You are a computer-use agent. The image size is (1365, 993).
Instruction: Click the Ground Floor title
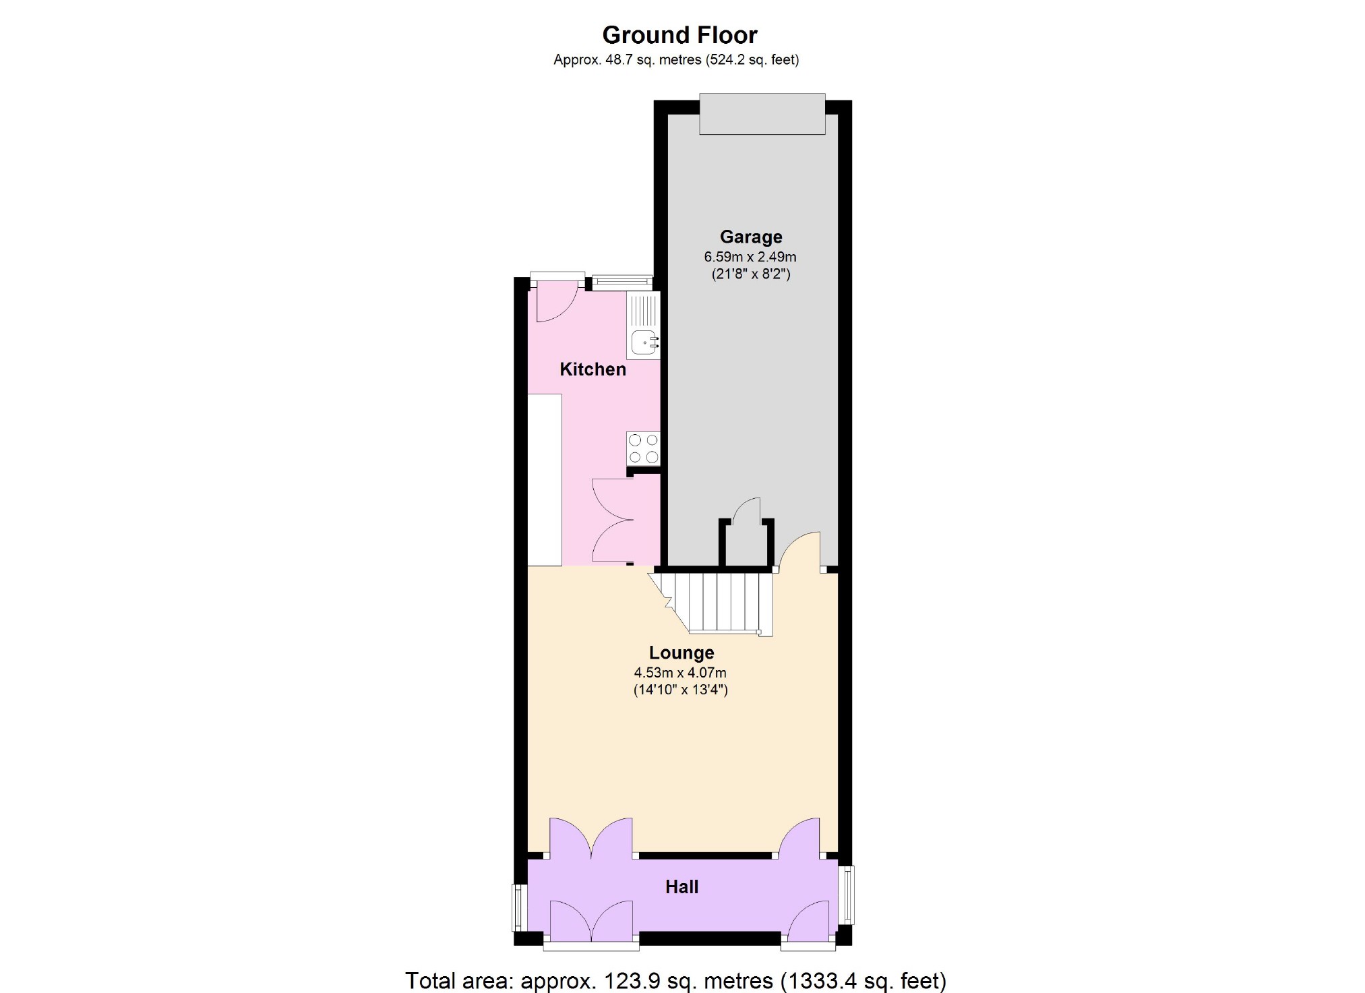pyautogui.click(x=679, y=34)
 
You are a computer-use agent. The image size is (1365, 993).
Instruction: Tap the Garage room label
pyautogui.click(x=751, y=237)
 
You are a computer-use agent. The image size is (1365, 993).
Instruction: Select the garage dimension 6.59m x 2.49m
pyautogui.click(x=750, y=257)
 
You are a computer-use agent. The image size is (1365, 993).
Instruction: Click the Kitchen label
pyautogui.click(x=593, y=369)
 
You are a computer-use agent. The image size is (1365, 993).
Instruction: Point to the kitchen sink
pyautogui.click(x=644, y=343)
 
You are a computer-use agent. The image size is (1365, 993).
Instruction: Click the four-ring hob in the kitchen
pyautogui.click(x=643, y=448)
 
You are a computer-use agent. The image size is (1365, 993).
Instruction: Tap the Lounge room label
pyautogui.click(x=681, y=653)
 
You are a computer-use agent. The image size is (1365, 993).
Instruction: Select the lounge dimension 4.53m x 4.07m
pyautogui.click(x=680, y=673)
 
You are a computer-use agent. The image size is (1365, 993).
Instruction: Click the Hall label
pyautogui.click(x=681, y=887)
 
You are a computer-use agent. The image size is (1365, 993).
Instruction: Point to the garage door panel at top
pyautogui.click(x=762, y=114)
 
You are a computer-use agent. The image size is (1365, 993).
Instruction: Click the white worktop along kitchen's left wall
pyautogui.click(x=545, y=479)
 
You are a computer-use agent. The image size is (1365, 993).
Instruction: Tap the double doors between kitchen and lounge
pyautogui.click(x=612, y=520)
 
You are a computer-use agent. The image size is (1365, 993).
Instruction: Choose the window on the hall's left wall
pyautogui.click(x=518, y=907)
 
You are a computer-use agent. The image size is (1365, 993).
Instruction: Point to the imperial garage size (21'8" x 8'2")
pyautogui.click(x=751, y=274)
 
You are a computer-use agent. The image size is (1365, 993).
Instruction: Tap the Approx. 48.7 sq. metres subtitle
pyautogui.click(x=676, y=60)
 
